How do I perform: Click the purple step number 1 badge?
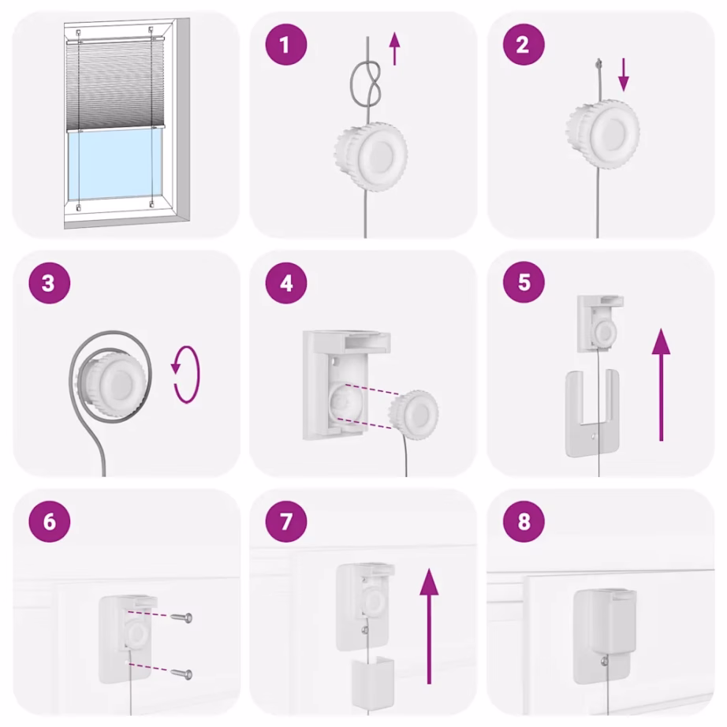pyautogui.click(x=285, y=45)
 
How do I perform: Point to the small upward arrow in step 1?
pyautogui.click(x=394, y=52)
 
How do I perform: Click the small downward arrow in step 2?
pyautogui.click(x=624, y=74)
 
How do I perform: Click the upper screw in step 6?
pyautogui.click(x=185, y=617)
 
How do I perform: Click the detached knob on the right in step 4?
pyautogui.click(x=415, y=410)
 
